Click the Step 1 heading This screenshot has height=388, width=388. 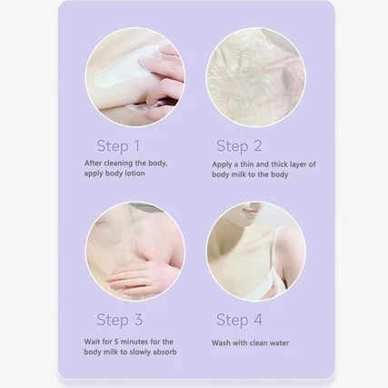click(118, 146)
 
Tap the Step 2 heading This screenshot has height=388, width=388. click(239, 146)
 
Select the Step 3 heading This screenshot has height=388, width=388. click(120, 320)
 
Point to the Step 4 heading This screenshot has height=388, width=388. click(240, 320)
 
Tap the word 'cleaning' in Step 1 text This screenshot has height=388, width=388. click(119, 164)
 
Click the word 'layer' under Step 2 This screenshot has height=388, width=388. click(298, 164)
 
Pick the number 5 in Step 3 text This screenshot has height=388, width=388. click(116, 342)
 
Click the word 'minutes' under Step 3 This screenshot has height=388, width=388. click(134, 342)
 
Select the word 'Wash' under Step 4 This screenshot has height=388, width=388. click(220, 343)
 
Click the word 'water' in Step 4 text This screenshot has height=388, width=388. click(279, 343)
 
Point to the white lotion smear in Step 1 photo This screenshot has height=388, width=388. click(120, 71)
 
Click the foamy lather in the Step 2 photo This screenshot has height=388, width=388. click(256, 77)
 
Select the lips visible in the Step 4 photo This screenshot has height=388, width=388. click(252, 210)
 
